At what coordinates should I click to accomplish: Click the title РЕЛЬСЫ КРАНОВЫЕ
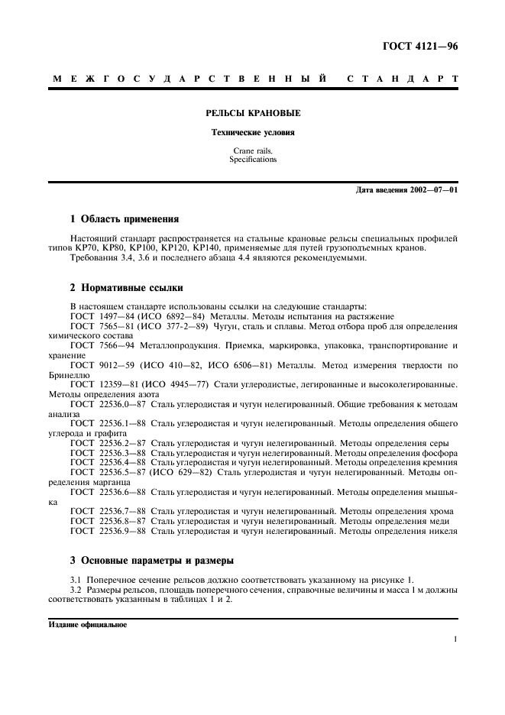[253, 113]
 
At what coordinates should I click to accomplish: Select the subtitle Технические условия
[253, 133]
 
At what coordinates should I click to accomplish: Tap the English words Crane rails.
[253, 152]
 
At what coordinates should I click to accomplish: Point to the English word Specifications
[253, 160]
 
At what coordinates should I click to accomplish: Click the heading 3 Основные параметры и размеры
[151, 560]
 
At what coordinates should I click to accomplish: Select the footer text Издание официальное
[87, 623]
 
